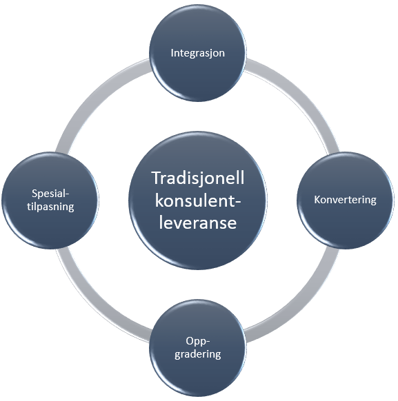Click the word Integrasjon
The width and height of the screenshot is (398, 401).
click(197, 53)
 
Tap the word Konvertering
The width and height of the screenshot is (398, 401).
click(345, 200)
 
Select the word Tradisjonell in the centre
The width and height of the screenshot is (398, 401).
click(197, 178)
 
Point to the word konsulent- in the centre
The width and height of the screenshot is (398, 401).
click(198, 200)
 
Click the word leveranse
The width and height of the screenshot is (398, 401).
click(197, 223)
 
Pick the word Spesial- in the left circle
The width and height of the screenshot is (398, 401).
click(50, 194)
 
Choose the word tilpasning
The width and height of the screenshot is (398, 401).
click(50, 207)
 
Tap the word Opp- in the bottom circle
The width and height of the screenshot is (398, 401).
click(197, 342)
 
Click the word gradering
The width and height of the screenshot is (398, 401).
click(197, 354)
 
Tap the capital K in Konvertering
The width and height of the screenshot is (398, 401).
click(317, 200)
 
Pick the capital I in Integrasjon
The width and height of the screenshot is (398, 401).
click(172, 53)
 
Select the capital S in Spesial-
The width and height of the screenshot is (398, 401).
click(34, 194)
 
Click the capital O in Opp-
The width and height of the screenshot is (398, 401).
click(190, 341)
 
